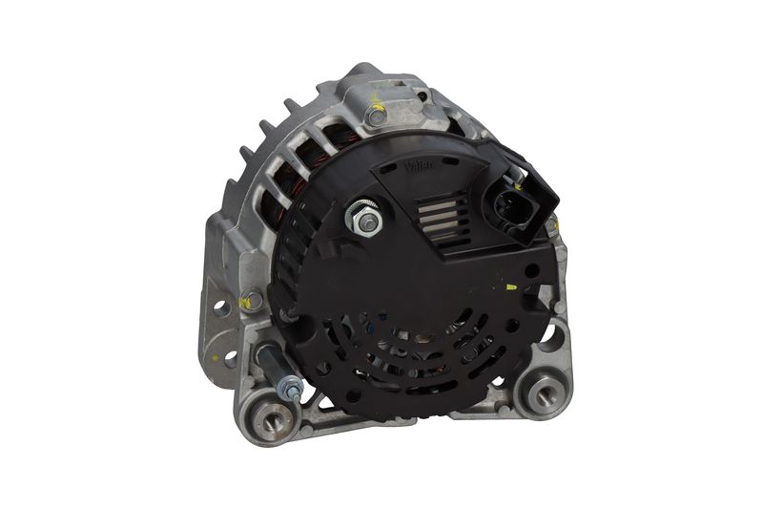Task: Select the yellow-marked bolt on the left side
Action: coord(251,300)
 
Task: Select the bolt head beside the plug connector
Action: coord(551,225)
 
